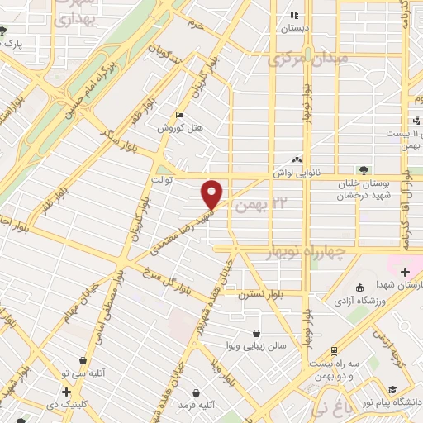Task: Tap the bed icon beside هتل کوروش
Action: [180, 115]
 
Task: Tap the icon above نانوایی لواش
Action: [297, 159]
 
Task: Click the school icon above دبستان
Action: [292, 14]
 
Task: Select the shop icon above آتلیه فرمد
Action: [195, 392]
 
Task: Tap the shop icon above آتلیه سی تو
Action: [83, 360]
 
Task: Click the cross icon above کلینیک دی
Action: [65, 391]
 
